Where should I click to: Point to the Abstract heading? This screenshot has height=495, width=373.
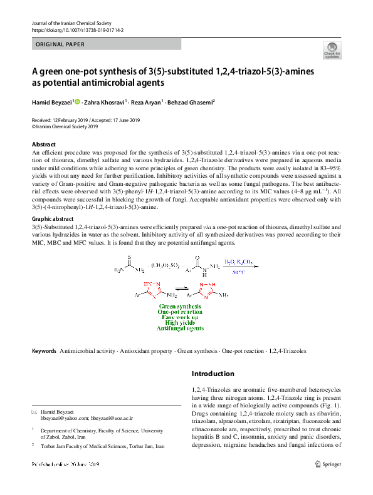click(44, 145)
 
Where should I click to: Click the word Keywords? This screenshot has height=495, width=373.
click(44, 351)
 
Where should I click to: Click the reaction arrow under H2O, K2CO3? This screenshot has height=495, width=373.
click(238, 266)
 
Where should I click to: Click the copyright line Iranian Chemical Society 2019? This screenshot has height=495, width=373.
click(65, 126)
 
